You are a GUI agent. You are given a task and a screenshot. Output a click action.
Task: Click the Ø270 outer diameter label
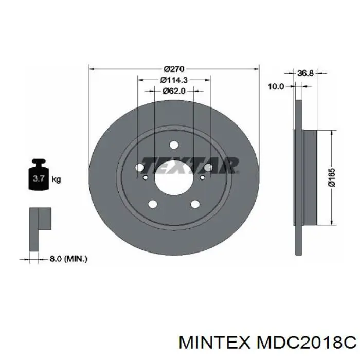pyautogui.click(x=174, y=68)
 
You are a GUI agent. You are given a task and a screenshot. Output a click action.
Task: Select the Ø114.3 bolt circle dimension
pyautogui.click(x=174, y=80)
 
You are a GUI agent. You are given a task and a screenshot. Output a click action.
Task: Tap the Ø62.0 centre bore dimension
pyautogui.click(x=174, y=91)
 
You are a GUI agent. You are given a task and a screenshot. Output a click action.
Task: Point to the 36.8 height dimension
pyautogui.click(x=305, y=73)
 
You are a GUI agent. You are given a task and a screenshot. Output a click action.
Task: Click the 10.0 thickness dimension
pyautogui.click(x=276, y=86)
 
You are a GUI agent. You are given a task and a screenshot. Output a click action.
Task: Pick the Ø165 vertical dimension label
pyautogui.click(x=332, y=177)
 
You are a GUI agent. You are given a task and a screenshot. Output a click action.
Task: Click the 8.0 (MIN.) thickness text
pyautogui.click(x=68, y=259)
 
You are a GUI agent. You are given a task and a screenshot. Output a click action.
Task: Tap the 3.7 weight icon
pyautogui.click(x=39, y=174)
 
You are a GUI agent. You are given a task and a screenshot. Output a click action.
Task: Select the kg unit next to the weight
pyautogui.click(x=56, y=179)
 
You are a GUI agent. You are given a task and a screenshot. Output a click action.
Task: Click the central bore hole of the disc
pyautogui.click(x=174, y=178)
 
